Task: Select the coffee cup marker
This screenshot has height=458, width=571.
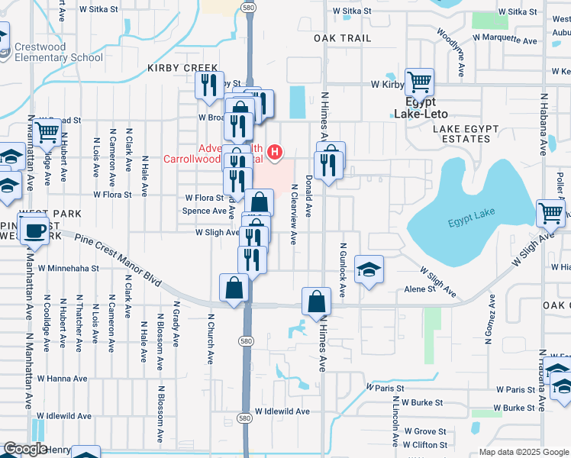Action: click(x=34, y=229)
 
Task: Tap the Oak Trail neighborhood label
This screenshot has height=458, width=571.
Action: click(x=342, y=38)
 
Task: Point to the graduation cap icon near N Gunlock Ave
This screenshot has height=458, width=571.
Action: click(x=369, y=269)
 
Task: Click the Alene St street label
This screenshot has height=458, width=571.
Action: click(x=419, y=290)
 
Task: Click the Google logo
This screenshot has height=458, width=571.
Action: click(x=25, y=449)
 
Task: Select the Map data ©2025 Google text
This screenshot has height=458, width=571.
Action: click(x=523, y=452)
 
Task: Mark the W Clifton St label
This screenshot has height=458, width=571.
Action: click(x=425, y=444)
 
